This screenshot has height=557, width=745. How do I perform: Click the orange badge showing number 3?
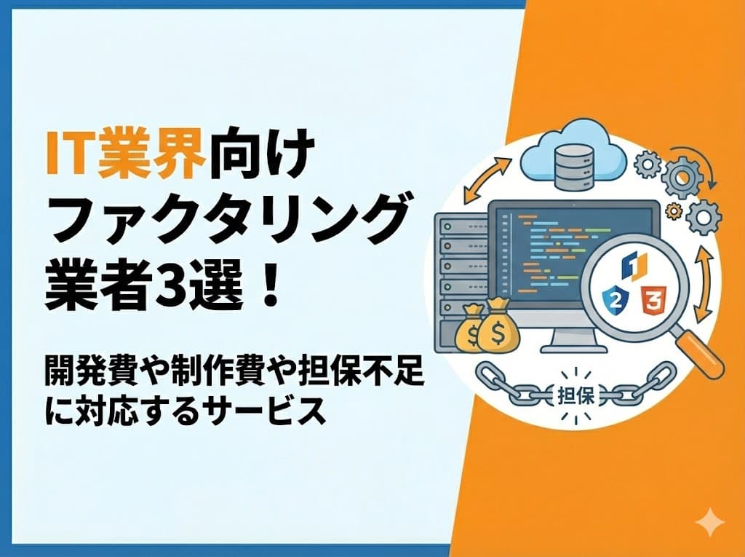(x=653, y=298)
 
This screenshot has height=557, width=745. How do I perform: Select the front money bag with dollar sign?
(x=498, y=331)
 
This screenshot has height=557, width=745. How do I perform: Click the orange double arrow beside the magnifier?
(x=704, y=287)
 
